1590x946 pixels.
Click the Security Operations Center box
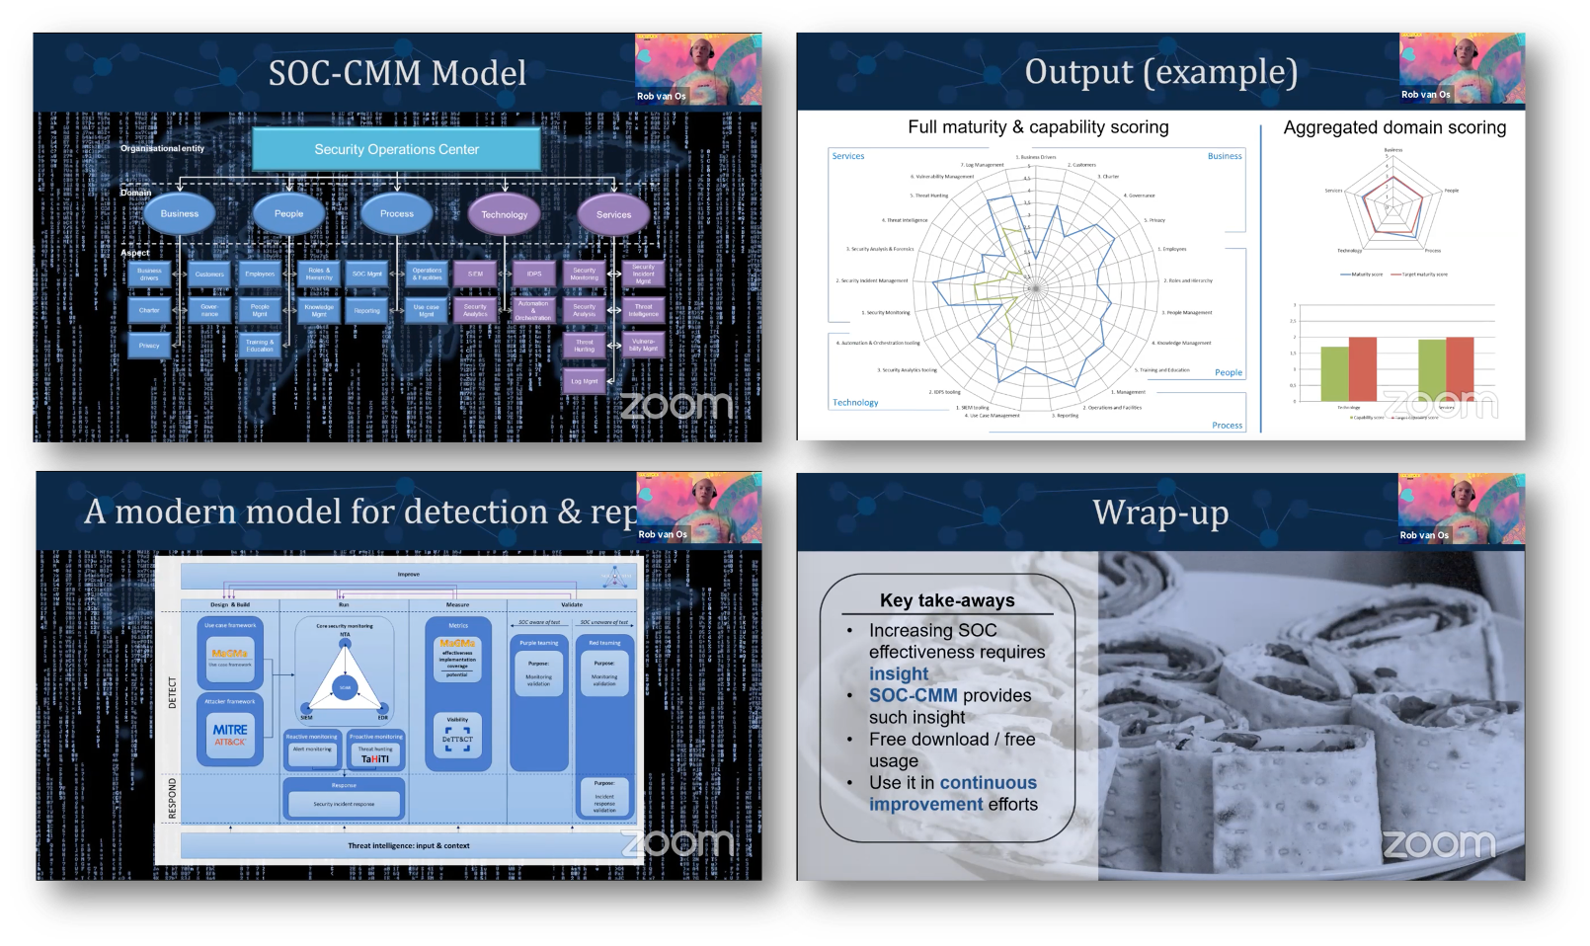tap(396, 149)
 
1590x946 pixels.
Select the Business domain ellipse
tap(180, 213)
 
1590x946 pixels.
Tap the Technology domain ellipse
tap(504, 214)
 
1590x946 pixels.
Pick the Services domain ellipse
tap(613, 214)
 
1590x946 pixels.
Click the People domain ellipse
tap(288, 213)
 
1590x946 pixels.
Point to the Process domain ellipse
tap(397, 213)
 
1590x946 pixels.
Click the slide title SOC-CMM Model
tap(397, 73)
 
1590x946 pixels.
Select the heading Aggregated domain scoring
tap(1394, 127)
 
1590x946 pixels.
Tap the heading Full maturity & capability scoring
tap(1038, 127)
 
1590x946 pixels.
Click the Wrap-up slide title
tap(1160, 512)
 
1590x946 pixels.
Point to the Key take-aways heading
tap(947, 600)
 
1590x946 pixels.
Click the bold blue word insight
tap(899, 673)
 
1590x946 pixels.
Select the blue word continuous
tap(988, 782)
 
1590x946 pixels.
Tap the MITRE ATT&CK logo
tap(230, 735)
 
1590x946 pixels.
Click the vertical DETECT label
tap(173, 692)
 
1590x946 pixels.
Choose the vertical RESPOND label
tap(173, 798)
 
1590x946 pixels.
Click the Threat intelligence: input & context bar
tap(408, 845)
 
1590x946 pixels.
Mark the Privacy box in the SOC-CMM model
tap(149, 346)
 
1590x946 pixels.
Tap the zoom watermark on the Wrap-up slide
tap(1439, 844)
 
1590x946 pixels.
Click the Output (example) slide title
tap(1160, 72)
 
